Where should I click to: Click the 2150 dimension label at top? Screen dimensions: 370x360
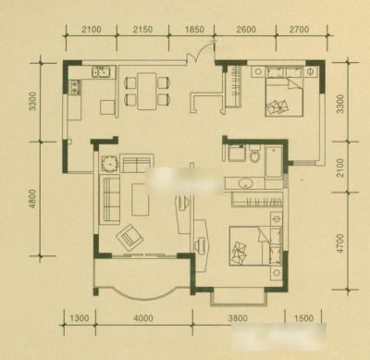pyautogui.click(x=143, y=30)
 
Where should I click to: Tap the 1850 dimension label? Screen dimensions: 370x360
pyautogui.click(x=194, y=30)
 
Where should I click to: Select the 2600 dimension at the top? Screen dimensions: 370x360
pyautogui.click(x=246, y=30)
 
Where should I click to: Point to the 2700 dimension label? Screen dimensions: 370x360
pyautogui.click(x=299, y=30)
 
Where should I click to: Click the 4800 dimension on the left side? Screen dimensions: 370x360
pyautogui.click(x=32, y=199)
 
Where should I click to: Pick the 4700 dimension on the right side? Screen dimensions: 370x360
pyautogui.click(x=340, y=243)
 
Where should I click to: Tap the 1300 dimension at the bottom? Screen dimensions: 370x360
pyautogui.click(x=80, y=317)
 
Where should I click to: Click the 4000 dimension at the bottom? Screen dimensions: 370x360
pyautogui.click(x=143, y=317)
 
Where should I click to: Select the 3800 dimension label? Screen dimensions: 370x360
pyautogui.click(x=238, y=317)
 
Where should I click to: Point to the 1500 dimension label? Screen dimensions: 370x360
pyautogui.click(x=303, y=317)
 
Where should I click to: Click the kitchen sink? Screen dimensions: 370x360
pyautogui.click(x=102, y=71)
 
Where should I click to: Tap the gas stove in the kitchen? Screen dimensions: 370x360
pyautogui.click(x=75, y=87)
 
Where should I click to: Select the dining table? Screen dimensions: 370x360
pyautogui.click(x=147, y=91)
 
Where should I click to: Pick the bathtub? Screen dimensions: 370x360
pyautogui.click(x=274, y=162)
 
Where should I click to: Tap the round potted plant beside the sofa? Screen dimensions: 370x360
pyautogui.click(x=109, y=164)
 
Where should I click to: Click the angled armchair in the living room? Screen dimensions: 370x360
pyautogui.click(x=129, y=238)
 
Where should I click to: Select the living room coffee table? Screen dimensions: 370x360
pyautogui.click(x=141, y=199)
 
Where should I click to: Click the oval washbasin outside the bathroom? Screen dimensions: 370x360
pyautogui.click(x=246, y=183)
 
